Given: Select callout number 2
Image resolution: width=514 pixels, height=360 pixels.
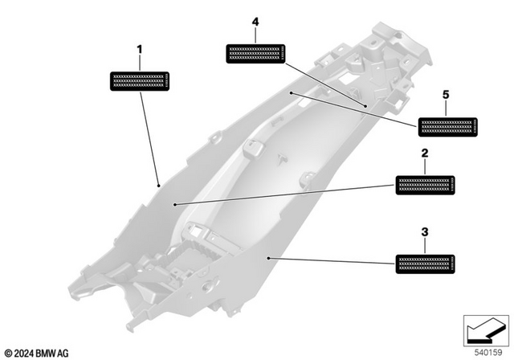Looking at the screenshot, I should coord(424,153).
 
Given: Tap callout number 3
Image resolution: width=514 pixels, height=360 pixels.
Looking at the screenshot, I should coord(424,232).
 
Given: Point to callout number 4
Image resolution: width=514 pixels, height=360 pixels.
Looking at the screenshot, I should coord(255,24).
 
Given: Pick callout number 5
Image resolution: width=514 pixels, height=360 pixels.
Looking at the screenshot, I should coord(447,95).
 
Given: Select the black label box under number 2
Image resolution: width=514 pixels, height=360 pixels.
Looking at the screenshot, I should coord(424,184).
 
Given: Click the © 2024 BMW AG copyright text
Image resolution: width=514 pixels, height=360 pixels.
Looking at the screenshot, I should coord(38,352).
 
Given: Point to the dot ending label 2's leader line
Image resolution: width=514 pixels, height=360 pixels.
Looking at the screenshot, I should coord(174,205).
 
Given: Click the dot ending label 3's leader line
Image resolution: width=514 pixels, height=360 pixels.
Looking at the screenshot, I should coord(268,257).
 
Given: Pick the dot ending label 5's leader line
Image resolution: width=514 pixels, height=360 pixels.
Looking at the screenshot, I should coord(291,93).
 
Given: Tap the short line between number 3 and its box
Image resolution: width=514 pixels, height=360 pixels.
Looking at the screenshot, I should coord(424,246).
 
